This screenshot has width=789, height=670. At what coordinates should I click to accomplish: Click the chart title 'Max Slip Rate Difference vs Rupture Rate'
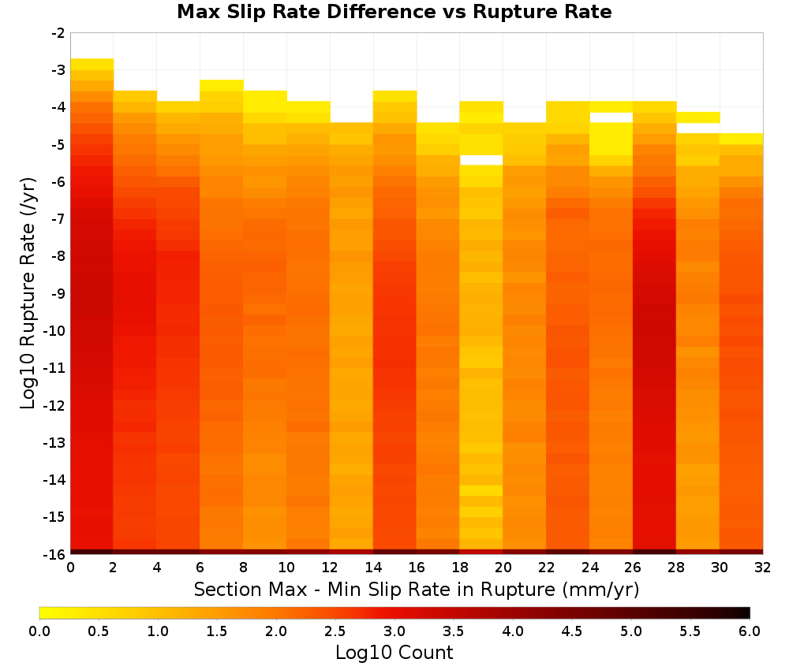394,12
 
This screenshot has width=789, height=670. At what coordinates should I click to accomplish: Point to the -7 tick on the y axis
58,219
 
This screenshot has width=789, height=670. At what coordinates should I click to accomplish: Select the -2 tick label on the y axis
58,33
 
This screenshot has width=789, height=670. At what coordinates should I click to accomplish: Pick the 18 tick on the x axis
460,568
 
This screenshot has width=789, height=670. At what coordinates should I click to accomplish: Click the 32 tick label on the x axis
763,568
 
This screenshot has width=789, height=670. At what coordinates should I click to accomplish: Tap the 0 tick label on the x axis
70,568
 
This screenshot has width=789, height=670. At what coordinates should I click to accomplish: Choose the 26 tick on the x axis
633,568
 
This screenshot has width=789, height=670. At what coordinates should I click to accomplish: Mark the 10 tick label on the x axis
287,568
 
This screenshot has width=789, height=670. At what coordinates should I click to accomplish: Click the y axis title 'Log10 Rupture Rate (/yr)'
28,293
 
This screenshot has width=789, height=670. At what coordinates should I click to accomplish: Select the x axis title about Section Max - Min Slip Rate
417,589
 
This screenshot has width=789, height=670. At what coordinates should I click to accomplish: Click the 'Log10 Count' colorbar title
394,653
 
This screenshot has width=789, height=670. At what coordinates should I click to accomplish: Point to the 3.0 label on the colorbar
394,631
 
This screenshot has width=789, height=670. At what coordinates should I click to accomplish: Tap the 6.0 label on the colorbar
750,631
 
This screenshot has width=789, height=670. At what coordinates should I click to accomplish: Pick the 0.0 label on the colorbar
39,631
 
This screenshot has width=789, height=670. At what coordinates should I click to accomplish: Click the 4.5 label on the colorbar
572,631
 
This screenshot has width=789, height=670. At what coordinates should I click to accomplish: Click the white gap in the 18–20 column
481,160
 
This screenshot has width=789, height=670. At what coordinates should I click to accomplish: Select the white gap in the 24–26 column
611,117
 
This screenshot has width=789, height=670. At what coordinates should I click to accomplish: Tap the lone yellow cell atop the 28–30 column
698,117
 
